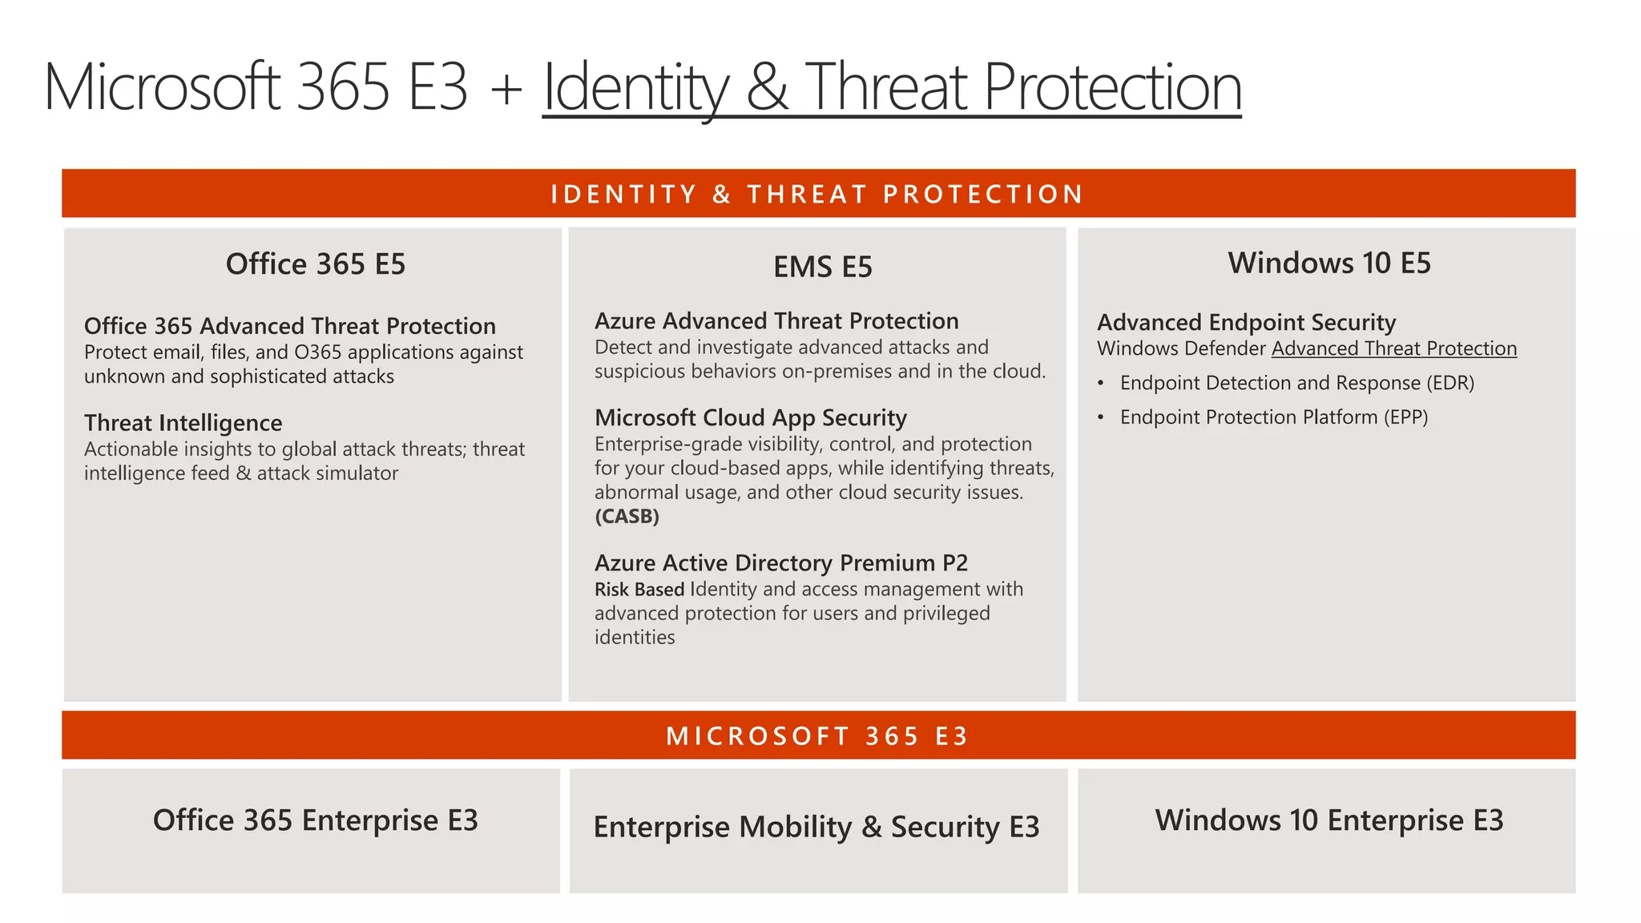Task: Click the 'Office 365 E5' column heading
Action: pos(316,264)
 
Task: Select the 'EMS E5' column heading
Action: pos(822,267)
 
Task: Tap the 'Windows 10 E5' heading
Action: pos(1329,263)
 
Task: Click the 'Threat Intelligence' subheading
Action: pos(183,423)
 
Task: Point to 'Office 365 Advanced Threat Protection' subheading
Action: pos(289,326)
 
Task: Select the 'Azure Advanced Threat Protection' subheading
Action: pos(776,321)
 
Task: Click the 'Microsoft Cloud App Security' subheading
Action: pos(750,418)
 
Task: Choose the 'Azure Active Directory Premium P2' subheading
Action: pos(780,563)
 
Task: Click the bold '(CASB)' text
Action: pos(627,517)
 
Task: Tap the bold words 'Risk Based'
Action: pos(639,590)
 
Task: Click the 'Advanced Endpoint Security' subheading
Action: pos(1246,323)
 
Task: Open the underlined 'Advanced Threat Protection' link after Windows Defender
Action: pos(1393,349)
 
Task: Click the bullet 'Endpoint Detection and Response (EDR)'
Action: pos(1296,383)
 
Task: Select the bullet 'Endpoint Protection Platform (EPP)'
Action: pos(1273,417)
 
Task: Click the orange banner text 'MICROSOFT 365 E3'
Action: pos(817,736)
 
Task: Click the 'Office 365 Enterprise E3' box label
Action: pos(315,820)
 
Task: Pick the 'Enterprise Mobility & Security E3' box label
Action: pos(816,827)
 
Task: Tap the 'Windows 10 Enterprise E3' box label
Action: pos(1329,820)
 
